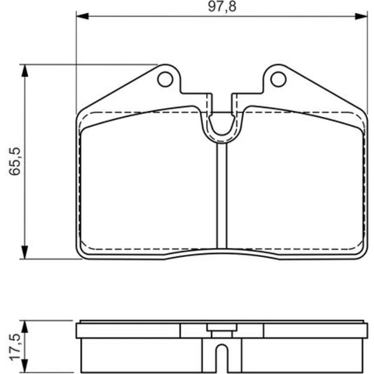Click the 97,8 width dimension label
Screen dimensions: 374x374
[x=222, y=6]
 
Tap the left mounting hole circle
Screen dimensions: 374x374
[x=165, y=79]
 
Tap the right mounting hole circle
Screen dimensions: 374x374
[x=278, y=79]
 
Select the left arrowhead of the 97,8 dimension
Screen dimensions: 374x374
[x=82, y=16]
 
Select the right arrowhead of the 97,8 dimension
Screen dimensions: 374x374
[x=361, y=16]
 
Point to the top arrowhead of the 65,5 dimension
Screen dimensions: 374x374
[x=25, y=71]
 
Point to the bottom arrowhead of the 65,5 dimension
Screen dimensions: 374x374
[x=25, y=252]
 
